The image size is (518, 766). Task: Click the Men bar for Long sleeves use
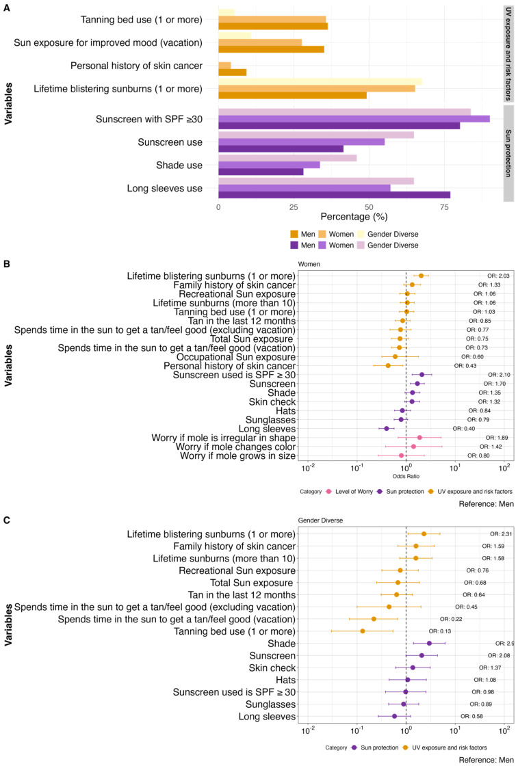[334, 195]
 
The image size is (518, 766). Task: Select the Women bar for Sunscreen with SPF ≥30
[354, 119]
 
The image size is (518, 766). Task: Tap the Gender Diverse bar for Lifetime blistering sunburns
[320, 81]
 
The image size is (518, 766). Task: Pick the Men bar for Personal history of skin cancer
[233, 72]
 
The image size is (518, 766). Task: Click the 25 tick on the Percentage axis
[293, 207]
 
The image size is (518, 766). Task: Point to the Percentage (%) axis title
[354, 216]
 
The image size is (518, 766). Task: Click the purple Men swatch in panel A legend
[294, 246]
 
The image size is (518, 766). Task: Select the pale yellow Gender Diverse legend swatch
[361, 234]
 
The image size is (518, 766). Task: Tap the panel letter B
[6, 264]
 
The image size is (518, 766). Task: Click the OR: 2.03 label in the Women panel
[498, 276]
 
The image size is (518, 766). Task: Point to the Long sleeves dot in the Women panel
[387, 428]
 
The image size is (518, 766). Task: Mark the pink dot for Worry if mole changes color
[413, 447]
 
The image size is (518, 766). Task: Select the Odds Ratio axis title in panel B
[406, 476]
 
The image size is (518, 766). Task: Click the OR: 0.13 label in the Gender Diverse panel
[440, 631]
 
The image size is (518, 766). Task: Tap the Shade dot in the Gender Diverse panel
[429, 644]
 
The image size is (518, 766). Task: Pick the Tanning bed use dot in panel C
[363, 631]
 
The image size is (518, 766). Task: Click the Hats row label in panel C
[286, 680]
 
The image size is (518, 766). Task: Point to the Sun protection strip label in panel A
[508, 153]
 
